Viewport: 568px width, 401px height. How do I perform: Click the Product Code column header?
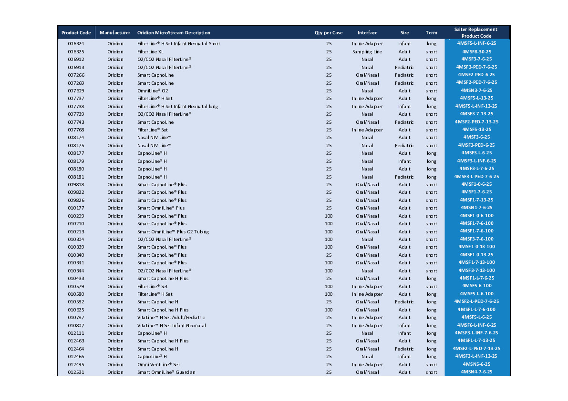76,33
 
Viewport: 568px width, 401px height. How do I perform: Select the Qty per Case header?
329,33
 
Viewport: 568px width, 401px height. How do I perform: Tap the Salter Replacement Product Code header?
476,32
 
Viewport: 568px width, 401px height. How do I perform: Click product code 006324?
76,44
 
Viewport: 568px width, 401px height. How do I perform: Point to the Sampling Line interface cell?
367,51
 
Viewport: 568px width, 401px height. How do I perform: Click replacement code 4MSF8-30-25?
476,51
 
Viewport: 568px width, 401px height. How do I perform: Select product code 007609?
76,90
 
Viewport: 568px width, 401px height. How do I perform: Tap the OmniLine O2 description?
153,90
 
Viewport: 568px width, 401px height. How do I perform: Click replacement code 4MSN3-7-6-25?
476,90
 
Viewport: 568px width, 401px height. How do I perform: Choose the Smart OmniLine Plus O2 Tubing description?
173,231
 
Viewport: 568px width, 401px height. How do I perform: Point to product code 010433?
76,278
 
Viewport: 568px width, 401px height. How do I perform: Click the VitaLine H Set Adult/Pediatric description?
171,317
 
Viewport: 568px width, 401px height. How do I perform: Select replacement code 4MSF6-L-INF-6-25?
476,325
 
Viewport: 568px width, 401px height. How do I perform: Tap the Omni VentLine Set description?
159,364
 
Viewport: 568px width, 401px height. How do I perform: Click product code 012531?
76,372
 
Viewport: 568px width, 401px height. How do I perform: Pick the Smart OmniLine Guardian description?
166,372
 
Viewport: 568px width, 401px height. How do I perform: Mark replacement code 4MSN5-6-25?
476,364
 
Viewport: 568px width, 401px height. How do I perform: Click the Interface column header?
367,33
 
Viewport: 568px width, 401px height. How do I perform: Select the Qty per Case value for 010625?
329,310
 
